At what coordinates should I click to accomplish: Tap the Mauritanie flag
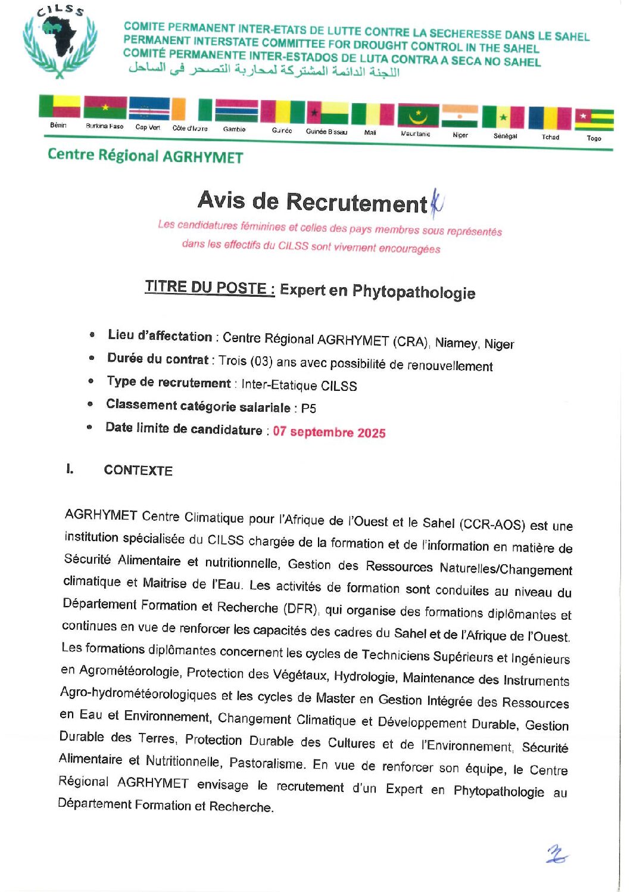tap(418, 116)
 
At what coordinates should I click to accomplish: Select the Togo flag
tap(594, 119)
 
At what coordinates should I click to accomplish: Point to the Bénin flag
tap(60, 106)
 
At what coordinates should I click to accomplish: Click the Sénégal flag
tap(503, 117)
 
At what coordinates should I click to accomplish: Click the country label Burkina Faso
tap(104, 126)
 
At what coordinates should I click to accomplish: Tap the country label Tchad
tap(550, 137)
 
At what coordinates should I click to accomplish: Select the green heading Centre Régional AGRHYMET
tap(145, 156)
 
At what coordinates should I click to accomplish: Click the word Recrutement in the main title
tap(357, 203)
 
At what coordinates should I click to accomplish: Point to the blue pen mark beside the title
tap(436, 204)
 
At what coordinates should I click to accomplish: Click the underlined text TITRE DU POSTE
tap(210, 288)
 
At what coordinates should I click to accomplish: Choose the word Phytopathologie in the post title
tap(414, 292)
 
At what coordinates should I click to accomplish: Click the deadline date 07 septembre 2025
tap(329, 432)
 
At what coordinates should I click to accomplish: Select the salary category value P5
tap(308, 408)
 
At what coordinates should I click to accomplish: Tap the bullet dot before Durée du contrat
tap(92, 358)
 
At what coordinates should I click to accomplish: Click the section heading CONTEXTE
tap(138, 470)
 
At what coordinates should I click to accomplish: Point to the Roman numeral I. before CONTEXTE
tap(70, 469)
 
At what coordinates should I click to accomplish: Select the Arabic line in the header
tap(264, 70)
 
